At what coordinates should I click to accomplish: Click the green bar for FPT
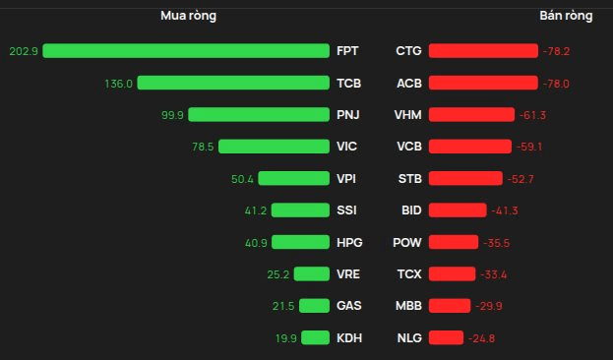click(186, 51)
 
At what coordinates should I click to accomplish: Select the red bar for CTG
click(483, 51)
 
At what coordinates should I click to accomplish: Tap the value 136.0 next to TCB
click(118, 84)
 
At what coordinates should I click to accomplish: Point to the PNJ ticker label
click(348, 115)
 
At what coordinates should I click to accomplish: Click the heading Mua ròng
click(189, 16)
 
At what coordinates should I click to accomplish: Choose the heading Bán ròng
click(566, 16)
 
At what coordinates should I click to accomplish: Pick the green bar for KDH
click(316, 337)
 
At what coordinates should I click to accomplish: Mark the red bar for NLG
click(446, 337)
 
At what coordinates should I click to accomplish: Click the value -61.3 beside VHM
click(532, 115)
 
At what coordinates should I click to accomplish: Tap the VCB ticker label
click(409, 147)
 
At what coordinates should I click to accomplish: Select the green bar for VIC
click(275, 147)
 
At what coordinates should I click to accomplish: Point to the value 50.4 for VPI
click(242, 179)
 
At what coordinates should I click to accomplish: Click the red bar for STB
click(465, 179)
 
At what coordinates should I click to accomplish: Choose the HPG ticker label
click(349, 243)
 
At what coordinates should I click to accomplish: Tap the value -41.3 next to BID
click(505, 210)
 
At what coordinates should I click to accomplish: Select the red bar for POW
click(454, 242)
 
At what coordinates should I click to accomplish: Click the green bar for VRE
click(312, 274)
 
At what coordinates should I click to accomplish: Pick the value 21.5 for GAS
click(283, 306)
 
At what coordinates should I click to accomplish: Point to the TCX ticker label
click(409, 274)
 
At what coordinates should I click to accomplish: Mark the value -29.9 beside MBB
click(489, 306)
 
